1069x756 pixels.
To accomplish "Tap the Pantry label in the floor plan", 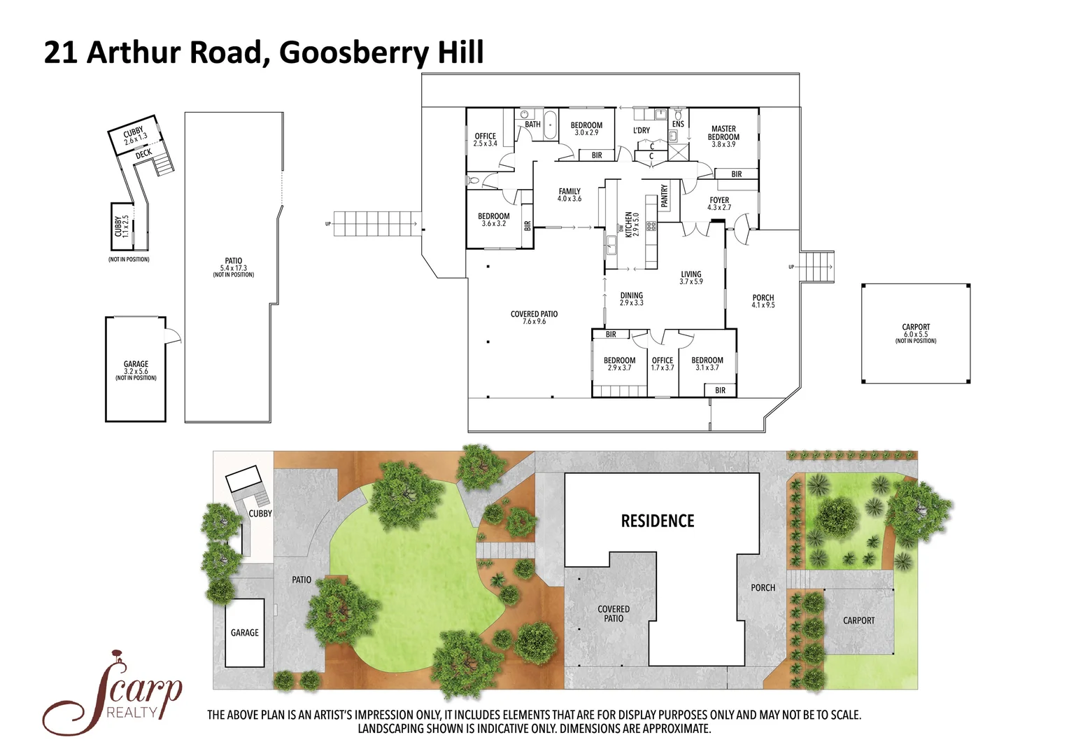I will click(665, 195).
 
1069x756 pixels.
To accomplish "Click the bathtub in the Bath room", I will click(550, 126).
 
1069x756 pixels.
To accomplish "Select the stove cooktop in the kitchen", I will click(651, 226).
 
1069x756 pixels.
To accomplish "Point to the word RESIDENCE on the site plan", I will click(658, 521).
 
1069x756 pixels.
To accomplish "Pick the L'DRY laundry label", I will click(642, 130).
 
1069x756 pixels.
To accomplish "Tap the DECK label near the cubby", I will click(143, 153).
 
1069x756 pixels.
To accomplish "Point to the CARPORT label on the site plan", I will click(858, 621).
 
